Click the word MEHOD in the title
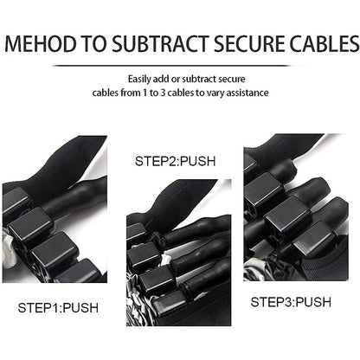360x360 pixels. click(42, 43)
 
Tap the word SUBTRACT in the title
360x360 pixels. click(160, 43)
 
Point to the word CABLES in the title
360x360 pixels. click(325, 43)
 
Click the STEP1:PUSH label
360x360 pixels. click(58, 308)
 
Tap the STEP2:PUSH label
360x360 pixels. click(175, 161)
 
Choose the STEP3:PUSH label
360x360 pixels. click(291, 302)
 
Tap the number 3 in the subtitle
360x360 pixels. click(163, 93)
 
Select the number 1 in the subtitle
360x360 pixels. click(145, 93)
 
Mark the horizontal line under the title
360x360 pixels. click(171, 66)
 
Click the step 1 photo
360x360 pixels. click(55, 209)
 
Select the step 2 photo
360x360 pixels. click(179, 253)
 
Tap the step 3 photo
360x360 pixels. click(296, 207)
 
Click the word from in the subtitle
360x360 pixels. click(130, 93)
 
